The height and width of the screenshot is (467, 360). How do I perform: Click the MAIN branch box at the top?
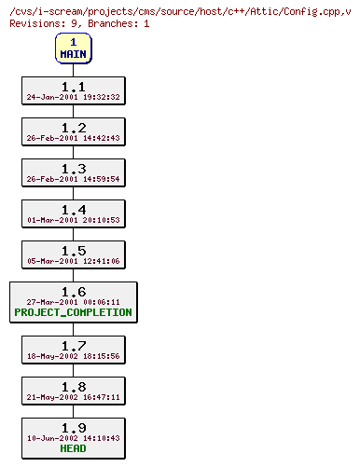click(x=73, y=48)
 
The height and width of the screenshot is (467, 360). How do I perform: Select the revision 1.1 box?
click(x=73, y=90)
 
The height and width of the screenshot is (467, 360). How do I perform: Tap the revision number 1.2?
click(x=73, y=128)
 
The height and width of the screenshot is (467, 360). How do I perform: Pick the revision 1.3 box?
click(x=73, y=173)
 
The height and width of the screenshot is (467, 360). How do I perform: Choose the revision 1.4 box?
click(x=73, y=214)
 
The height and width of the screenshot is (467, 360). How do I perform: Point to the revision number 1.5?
click(x=73, y=251)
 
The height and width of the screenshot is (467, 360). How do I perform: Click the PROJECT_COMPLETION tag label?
click(x=73, y=313)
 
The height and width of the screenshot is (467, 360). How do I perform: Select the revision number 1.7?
click(x=73, y=345)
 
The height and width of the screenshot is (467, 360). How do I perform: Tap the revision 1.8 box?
click(x=73, y=391)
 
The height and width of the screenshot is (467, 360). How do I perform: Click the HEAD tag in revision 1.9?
click(x=73, y=448)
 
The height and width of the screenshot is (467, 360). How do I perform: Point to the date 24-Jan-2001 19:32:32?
click(x=73, y=97)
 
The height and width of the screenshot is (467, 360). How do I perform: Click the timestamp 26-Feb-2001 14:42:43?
click(x=73, y=138)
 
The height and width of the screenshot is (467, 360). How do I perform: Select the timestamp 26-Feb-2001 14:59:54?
click(x=73, y=179)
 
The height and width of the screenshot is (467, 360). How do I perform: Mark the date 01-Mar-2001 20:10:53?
click(x=73, y=220)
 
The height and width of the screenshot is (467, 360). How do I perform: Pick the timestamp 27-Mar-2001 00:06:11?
click(x=73, y=302)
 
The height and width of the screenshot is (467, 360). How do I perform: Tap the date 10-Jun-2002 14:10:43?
click(x=73, y=437)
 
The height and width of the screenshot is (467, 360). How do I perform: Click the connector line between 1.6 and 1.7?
click(x=73, y=329)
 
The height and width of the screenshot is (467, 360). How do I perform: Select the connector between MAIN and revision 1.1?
click(x=73, y=70)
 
